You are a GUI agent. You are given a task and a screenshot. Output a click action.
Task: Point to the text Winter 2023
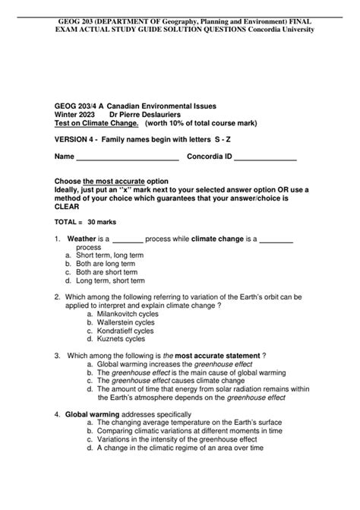(77, 114)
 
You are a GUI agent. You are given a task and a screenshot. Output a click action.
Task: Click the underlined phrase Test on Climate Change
(96, 123)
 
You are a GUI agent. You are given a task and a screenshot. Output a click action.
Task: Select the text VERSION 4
(76, 141)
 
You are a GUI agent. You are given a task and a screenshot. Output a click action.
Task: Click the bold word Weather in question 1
(81, 238)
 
